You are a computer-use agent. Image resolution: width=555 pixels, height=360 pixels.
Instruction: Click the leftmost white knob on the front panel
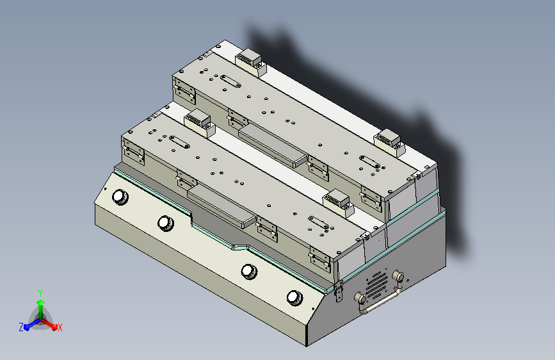(x=120, y=197)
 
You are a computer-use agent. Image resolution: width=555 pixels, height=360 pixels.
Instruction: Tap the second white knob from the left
(x=165, y=223)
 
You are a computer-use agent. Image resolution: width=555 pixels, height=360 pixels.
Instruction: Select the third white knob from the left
(x=249, y=271)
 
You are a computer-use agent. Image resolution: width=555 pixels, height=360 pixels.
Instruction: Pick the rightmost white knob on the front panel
(x=294, y=298)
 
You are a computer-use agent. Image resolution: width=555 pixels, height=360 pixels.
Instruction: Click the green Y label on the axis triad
(x=40, y=293)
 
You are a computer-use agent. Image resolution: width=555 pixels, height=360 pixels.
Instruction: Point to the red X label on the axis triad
(x=60, y=327)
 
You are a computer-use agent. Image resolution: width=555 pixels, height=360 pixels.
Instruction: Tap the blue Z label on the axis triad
(x=21, y=327)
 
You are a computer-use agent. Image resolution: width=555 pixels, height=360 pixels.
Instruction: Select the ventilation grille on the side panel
(x=376, y=285)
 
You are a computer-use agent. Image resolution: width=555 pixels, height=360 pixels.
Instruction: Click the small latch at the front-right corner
(x=339, y=291)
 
